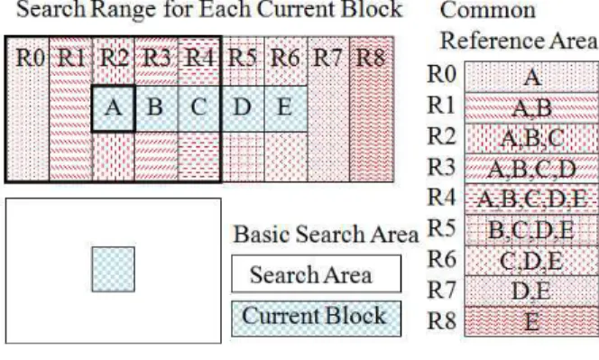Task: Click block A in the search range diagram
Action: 114,108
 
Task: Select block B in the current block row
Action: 156,108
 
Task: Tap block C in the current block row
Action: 199,108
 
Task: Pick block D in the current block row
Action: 243,108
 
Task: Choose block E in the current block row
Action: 286,108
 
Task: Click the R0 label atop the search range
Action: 31,58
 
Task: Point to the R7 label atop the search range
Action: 327,58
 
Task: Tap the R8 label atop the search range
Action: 370,58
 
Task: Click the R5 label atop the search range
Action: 242,58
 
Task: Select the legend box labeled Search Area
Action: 317,274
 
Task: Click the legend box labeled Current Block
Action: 317,318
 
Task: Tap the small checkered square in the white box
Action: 114,270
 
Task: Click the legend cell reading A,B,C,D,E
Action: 531,199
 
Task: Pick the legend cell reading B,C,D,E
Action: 531,230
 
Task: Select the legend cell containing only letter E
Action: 531,321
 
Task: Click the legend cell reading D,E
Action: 531,291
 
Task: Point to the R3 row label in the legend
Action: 442,167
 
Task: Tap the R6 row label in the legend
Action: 442,259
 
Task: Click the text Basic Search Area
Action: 326,234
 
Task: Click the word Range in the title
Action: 124,9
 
